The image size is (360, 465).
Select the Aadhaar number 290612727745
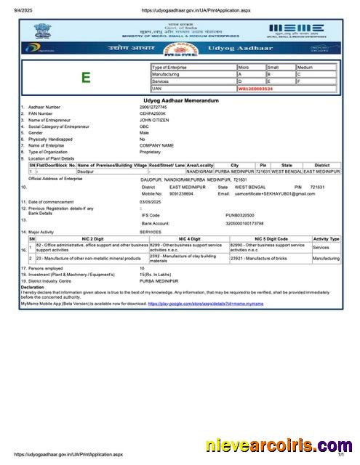(x=153, y=108)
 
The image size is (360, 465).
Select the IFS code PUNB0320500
(x=240, y=216)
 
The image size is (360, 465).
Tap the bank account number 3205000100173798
(x=244, y=224)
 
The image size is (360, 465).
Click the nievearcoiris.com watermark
(x=280, y=445)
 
